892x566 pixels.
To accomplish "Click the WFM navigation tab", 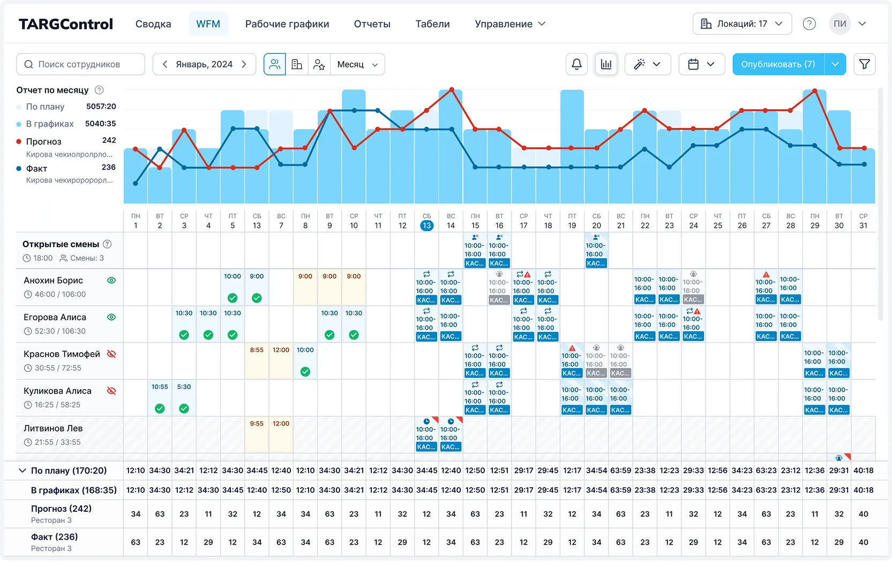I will (x=208, y=24).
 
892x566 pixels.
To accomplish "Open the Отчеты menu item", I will (x=372, y=24).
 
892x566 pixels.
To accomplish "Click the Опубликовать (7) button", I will (x=778, y=64).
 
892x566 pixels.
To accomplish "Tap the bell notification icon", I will (x=576, y=64).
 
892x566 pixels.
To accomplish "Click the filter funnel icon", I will (x=864, y=64).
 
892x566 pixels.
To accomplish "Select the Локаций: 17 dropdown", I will (x=742, y=24).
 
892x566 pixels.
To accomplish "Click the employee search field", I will (x=81, y=64).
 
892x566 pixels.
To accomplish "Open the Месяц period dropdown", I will (x=357, y=64).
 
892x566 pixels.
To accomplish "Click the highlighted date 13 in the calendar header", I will (x=426, y=226).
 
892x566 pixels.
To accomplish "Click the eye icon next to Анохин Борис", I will (x=111, y=280).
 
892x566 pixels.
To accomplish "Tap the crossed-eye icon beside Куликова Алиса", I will (x=111, y=391).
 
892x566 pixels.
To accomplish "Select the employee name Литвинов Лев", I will (x=53, y=428).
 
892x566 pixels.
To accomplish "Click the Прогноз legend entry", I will (x=44, y=141).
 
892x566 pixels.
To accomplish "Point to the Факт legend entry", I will (x=36, y=168).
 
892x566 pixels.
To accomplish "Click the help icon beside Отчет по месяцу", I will (x=99, y=90).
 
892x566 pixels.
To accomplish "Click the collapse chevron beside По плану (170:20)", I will (x=23, y=471).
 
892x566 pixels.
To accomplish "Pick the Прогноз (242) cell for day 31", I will (x=863, y=513).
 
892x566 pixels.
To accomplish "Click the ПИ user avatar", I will (x=839, y=24).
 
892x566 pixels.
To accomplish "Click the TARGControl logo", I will (x=66, y=24).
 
